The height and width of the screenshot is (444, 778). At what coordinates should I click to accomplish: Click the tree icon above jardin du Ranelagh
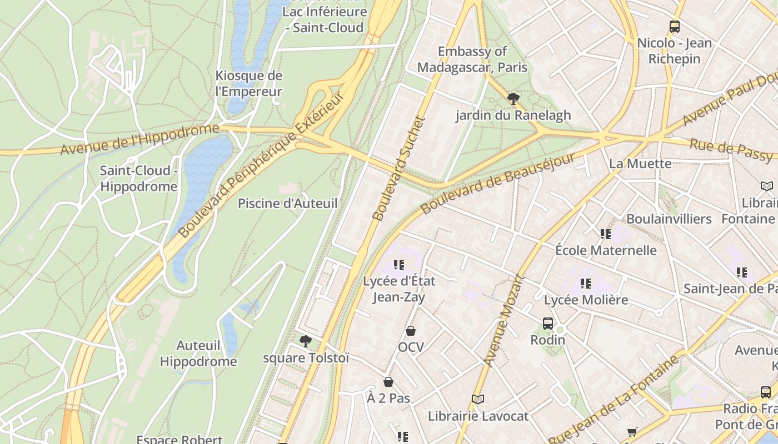[513, 99]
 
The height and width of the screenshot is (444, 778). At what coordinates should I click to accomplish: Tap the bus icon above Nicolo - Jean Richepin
[674, 26]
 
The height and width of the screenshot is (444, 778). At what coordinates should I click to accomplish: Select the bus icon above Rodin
[548, 323]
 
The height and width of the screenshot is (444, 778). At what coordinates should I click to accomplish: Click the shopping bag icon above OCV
[411, 331]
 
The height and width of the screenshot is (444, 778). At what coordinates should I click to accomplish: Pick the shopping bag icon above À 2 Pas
[388, 382]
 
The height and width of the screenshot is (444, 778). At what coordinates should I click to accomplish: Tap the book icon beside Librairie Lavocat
[477, 399]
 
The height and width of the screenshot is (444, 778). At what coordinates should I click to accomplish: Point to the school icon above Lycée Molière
[585, 284]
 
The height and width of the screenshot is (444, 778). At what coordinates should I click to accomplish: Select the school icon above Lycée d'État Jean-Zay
[398, 265]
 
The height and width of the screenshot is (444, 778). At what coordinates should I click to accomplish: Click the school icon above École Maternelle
[605, 234]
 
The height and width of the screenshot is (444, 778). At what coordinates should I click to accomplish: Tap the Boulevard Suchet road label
[398, 168]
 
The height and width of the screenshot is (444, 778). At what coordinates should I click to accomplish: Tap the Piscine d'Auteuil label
[287, 203]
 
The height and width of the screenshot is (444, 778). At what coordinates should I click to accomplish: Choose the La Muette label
[640, 163]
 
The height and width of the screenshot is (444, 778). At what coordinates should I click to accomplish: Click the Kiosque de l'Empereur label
[248, 84]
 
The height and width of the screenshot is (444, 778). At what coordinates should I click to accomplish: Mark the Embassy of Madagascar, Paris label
[472, 59]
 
